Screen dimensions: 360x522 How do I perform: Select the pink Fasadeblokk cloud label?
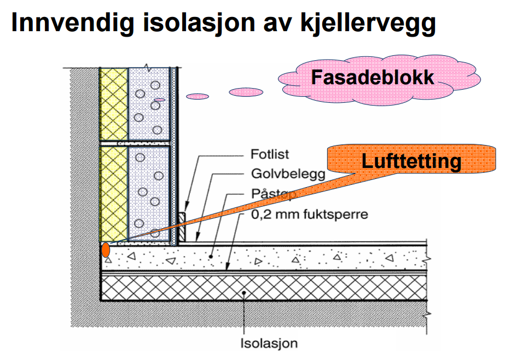373,77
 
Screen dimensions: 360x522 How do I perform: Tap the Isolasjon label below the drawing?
270,344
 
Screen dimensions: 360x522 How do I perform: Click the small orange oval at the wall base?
105,249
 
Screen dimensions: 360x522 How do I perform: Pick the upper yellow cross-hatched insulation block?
114,104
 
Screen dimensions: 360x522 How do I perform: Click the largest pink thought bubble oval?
245,92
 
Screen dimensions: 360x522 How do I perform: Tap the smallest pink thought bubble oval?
160,100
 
